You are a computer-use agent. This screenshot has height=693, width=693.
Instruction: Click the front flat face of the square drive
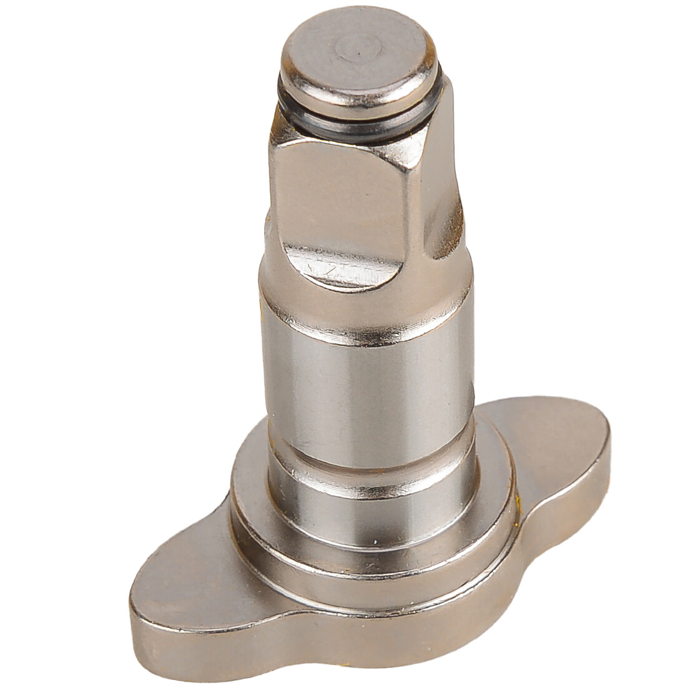tap(337, 187)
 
